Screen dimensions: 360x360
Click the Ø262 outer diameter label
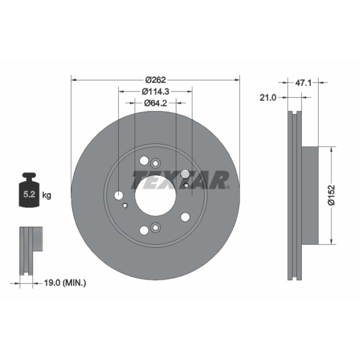coord(155,80)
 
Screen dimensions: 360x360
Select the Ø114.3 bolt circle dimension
coord(155,91)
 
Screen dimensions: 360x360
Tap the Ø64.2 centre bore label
coord(155,103)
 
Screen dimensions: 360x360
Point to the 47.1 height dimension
coord(303,82)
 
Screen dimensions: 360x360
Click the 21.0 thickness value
coord(268,97)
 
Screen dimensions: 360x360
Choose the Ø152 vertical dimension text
coord(331,195)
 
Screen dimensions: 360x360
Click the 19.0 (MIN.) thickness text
coord(65,283)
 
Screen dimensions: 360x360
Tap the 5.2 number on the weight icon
coord(29,194)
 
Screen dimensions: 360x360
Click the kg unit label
coord(46,195)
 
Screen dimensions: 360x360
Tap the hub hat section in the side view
coord(310,195)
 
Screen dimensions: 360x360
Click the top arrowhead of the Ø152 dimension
coord(331,149)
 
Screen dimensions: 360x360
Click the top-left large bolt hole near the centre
coord(144,160)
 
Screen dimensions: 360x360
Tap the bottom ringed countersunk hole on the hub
coord(155,227)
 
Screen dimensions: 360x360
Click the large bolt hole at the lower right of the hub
coord(185,217)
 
